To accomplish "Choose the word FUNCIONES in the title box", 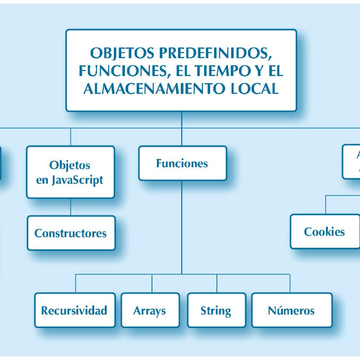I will tap(113, 70).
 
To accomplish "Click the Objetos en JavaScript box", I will tap(70, 172).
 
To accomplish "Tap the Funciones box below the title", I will tap(182, 163).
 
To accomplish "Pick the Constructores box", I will tap(71, 233).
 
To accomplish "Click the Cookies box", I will tap(325, 232).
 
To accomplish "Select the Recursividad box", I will tap(74, 310).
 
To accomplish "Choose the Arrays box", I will tap(149, 310).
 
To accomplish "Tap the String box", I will tap(216, 310).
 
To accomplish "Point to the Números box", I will tap(291, 310).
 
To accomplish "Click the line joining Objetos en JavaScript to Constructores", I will tap(71, 207).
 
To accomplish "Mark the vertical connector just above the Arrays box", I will tap(152, 283).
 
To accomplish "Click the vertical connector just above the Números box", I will tap(290, 283).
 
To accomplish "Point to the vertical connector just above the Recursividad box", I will tap(75, 283).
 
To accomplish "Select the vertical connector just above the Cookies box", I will tap(325, 204).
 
